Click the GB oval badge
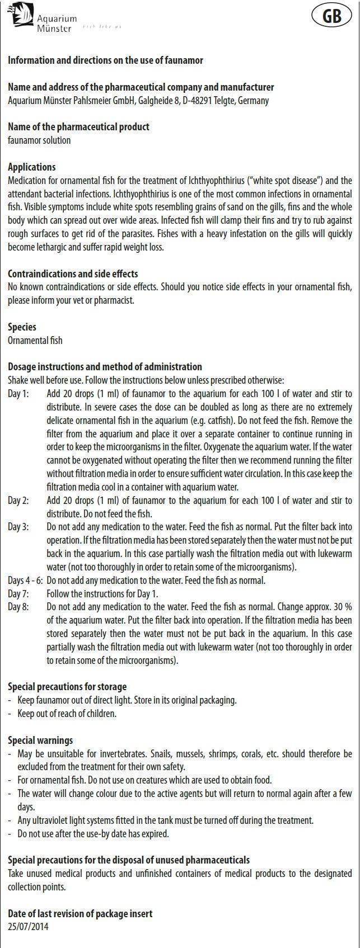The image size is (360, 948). [x=332, y=16]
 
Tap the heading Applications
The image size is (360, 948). [x=32, y=167]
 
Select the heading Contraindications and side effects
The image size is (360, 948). [x=73, y=273]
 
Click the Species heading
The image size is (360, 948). [x=22, y=327]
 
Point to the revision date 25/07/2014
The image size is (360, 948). [x=28, y=926]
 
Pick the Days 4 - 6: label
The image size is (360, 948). [x=25, y=580]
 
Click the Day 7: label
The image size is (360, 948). [x=18, y=593]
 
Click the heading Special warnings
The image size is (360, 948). [x=40, y=740]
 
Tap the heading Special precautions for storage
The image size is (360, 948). [x=67, y=686]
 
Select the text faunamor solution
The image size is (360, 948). [x=39, y=140]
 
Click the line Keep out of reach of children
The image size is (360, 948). [x=67, y=713]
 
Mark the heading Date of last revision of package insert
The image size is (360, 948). [x=80, y=913]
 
